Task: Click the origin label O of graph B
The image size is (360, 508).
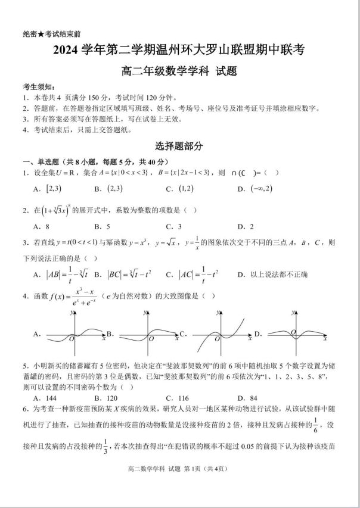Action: (x=150, y=338)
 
